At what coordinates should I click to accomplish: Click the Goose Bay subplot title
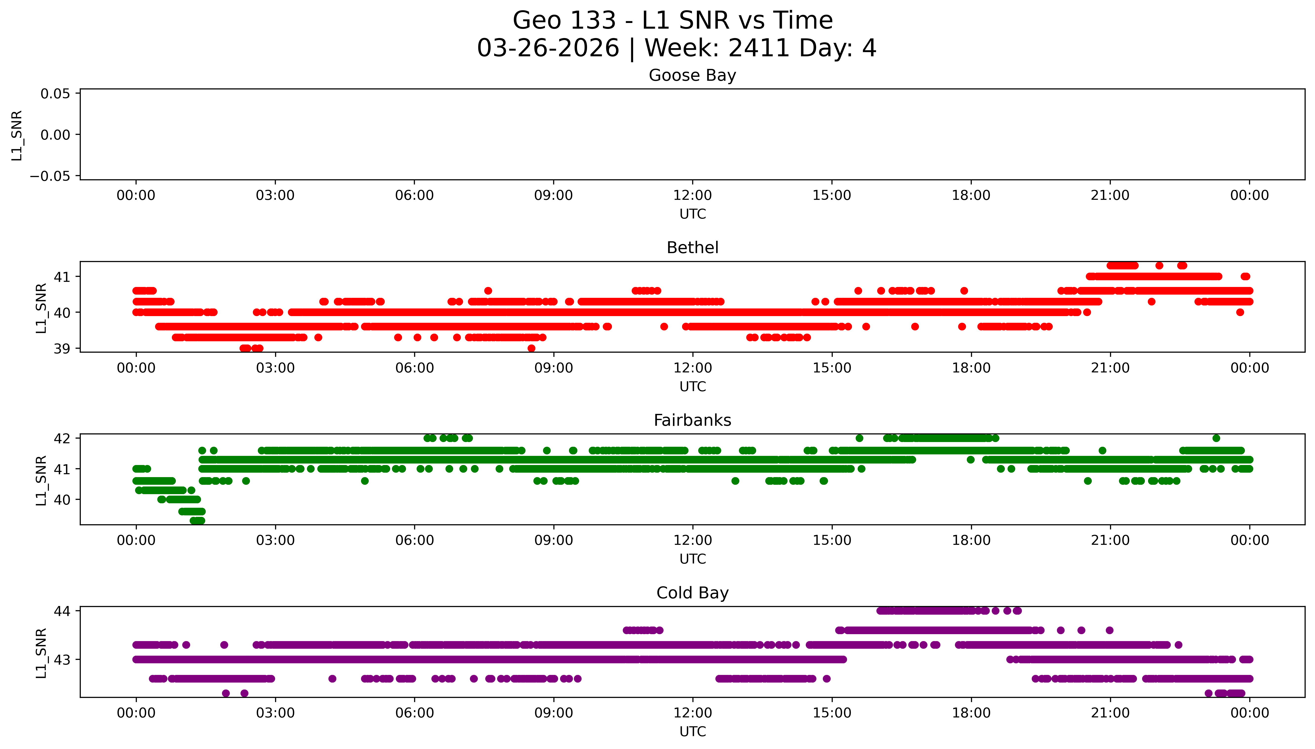[692, 76]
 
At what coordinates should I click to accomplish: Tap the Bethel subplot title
[692, 248]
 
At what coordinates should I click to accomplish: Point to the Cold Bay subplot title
[692, 593]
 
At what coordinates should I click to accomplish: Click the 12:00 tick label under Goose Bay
[692, 196]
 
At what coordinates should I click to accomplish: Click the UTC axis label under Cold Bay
[692, 731]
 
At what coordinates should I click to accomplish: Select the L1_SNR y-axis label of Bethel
[41, 308]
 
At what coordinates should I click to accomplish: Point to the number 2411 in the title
[759, 48]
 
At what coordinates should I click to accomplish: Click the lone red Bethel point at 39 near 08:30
[531, 348]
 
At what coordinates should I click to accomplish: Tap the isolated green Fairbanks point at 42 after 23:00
[1216, 438]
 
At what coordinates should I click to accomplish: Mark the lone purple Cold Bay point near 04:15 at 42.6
[332, 679]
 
